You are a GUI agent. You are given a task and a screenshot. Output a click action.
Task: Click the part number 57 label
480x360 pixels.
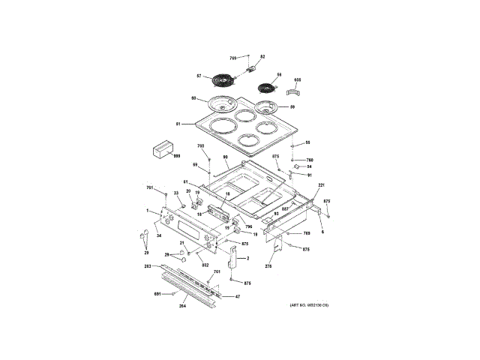coord(199,76)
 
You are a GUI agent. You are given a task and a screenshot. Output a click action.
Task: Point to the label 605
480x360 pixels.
coord(298,79)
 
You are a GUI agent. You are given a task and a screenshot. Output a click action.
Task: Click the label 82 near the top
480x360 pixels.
coord(262,57)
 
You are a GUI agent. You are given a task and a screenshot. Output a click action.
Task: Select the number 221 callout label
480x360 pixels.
coord(321,184)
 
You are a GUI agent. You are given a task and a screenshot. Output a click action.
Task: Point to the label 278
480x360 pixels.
coord(268,265)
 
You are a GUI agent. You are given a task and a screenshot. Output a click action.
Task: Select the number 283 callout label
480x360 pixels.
coord(148,266)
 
